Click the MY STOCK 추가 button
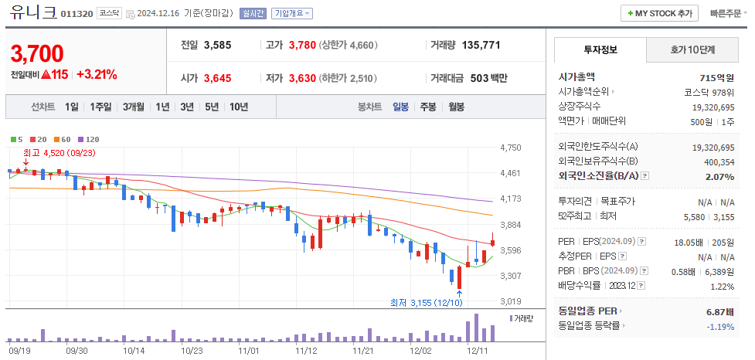click(x=659, y=13)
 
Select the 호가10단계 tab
click(x=692, y=50)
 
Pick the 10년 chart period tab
click(x=238, y=107)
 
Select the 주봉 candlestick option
click(x=428, y=107)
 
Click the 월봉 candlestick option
click(x=456, y=107)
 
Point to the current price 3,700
click(x=37, y=53)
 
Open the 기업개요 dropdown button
click(x=292, y=13)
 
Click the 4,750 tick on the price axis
click(x=511, y=148)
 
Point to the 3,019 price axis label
click(x=511, y=301)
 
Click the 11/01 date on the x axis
click(x=249, y=350)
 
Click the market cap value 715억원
click(x=715, y=77)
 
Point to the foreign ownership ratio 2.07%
click(x=719, y=177)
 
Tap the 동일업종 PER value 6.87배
click(x=719, y=311)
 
